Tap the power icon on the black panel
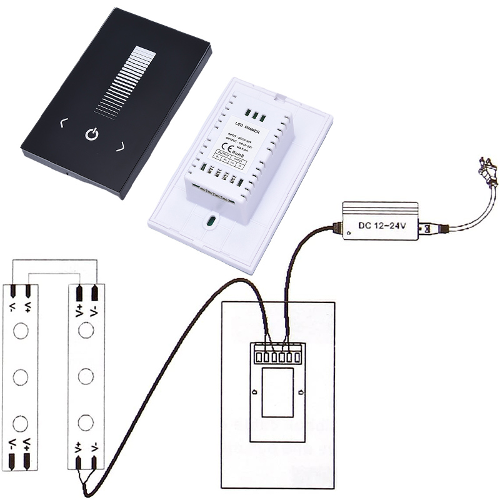tap(91, 134)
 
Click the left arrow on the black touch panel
tap(62, 123)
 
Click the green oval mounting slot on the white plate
tap(211, 221)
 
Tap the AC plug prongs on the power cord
tap(489, 169)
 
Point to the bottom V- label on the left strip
tap(12, 446)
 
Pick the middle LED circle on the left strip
tap(21, 377)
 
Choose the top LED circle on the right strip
tap(87, 331)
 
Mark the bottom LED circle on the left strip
tap(21, 422)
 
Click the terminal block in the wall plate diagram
tap(276, 354)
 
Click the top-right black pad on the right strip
tap(95, 292)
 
